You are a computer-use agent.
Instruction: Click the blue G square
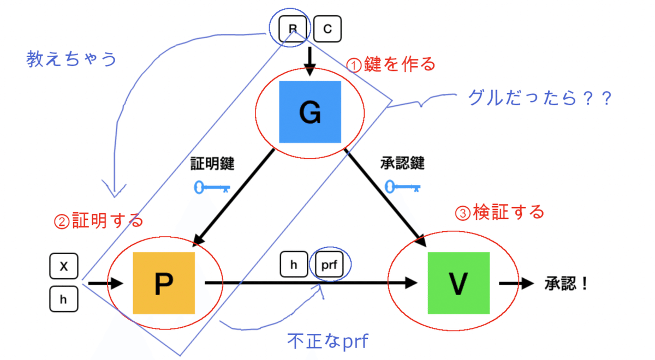click(x=309, y=112)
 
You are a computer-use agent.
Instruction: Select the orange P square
click(x=164, y=283)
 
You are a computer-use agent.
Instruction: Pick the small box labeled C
click(x=327, y=29)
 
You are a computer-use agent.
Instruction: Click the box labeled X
click(x=64, y=267)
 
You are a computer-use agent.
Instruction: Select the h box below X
click(x=64, y=299)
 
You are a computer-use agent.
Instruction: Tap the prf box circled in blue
click(x=330, y=265)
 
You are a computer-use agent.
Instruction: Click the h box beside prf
click(x=294, y=265)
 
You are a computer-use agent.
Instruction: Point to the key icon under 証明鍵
click(x=212, y=188)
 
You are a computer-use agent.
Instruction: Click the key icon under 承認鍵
click(x=403, y=187)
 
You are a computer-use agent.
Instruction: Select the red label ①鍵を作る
click(x=392, y=64)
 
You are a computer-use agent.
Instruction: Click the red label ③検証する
click(x=499, y=212)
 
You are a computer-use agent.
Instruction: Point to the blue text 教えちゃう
click(x=72, y=59)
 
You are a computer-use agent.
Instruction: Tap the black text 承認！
click(x=566, y=284)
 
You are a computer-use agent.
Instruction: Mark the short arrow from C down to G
click(x=310, y=61)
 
